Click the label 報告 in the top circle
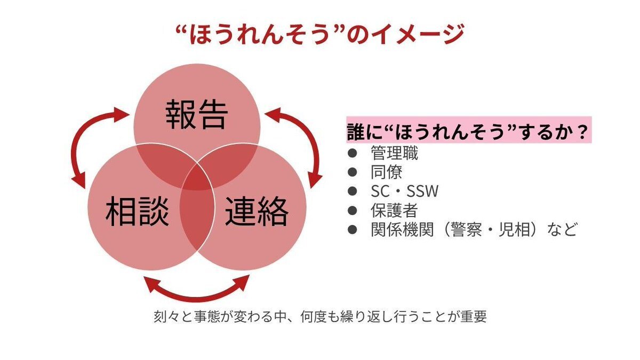(x=197, y=114)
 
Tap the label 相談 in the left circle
(x=137, y=212)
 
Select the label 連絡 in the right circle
(x=257, y=212)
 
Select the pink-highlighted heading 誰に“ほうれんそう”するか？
(x=469, y=131)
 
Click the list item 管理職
(x=394, y=154)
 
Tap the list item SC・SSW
(x=404, y=191)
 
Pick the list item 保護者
(x=394, y=210)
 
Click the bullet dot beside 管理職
(x=351, y=154)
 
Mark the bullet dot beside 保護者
(x=351, y=210)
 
